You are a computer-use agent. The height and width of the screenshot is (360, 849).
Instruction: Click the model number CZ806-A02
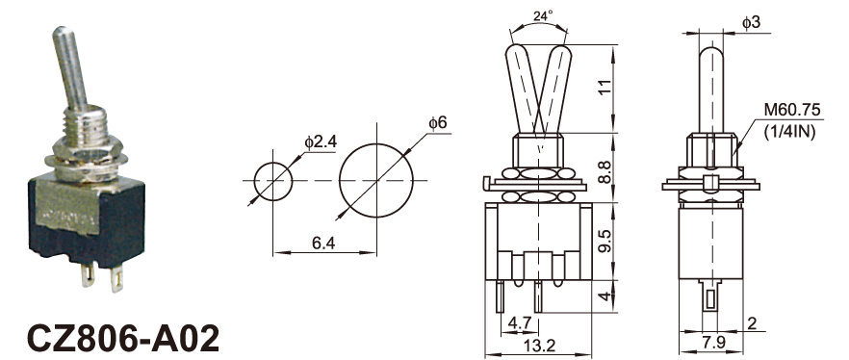point(123,339)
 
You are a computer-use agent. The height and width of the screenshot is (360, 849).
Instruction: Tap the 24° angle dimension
point(543,15)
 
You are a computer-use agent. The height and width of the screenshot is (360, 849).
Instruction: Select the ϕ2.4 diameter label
point(322,142)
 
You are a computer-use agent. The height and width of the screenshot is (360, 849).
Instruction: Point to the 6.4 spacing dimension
point(323,244)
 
